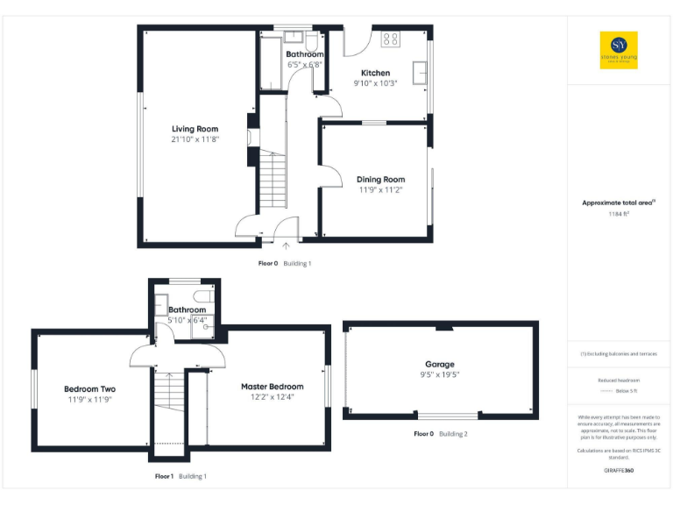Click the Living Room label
pyautogui.click(x=195, y=129)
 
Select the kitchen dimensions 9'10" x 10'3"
pyautogui.click(x=375, y=83)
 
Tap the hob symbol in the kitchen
pyautogui.click(x=390, y=39)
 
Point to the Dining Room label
pyautogui.click(x=380, y=179)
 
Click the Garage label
pyautogui.click(x=439, y=364)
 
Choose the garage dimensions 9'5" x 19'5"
pyautogui.click(x=439, y=374)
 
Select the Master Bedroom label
pyautogui.click(x=273, y=387)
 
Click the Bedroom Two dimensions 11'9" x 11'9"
pyautogui.click(x=89, y=399)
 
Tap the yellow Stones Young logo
pyautogui.click(x=618, y=50)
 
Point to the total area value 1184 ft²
pyautogui.click(x=619, y=213)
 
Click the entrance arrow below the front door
pyautogui.click(x=286, y=246)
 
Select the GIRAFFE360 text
pyautogui.click(x=619, y=471)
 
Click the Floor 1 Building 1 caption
pyautogui.click(x=181, y=476)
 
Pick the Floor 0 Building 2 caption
pyautogui.click(x=441, y=434)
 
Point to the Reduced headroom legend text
pyautogui.click(x=619, y=381)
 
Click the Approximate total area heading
pyautogui.click(x=619, y=203)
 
